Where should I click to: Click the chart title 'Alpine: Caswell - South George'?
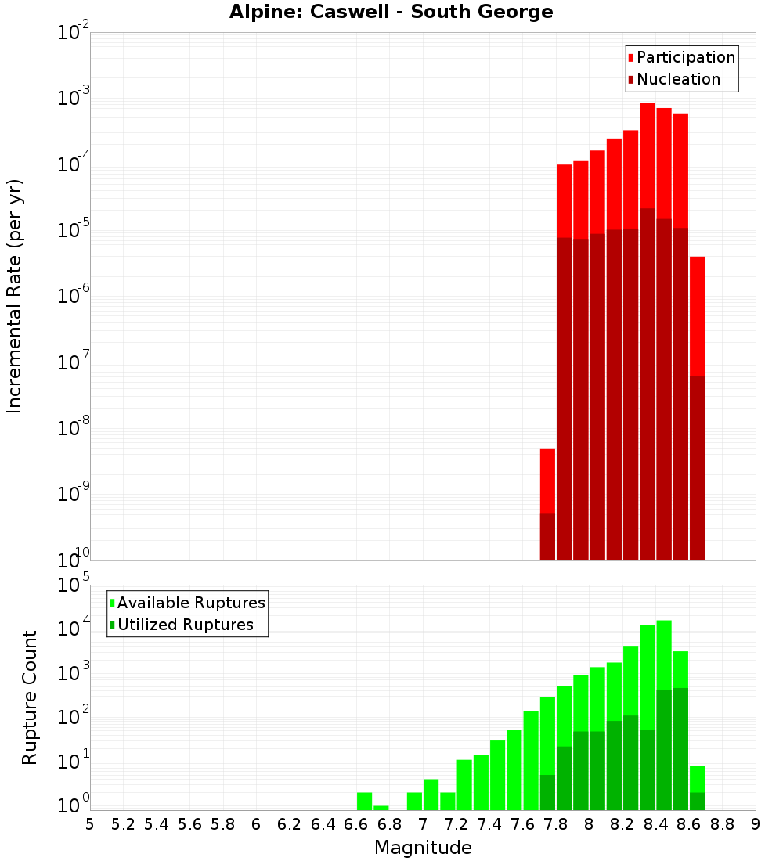tap(391, 13)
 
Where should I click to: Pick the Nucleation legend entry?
tap(677, 79)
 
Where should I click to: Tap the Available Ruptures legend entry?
tap(190, 603)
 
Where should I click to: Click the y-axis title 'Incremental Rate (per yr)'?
tap(15, 296)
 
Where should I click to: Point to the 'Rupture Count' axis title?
tap(30, 697)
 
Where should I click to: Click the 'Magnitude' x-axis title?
tap(423, 848)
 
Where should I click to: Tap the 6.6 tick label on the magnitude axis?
tap(356, 824)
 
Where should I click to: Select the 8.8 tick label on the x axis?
tap(722, 824)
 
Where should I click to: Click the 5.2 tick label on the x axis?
tap(123, 824)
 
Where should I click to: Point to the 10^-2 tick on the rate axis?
tap(74, 33)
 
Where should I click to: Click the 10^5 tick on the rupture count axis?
tap(74, 585)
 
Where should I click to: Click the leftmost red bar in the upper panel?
tap(547, 501)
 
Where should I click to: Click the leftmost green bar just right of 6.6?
tap(364, 802)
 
